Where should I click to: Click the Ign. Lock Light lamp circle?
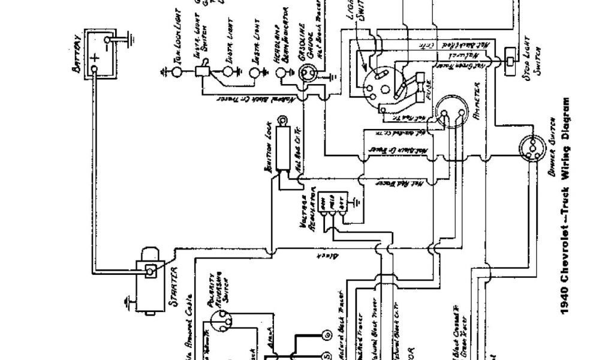pyautogui.click(x=177, y=72)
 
